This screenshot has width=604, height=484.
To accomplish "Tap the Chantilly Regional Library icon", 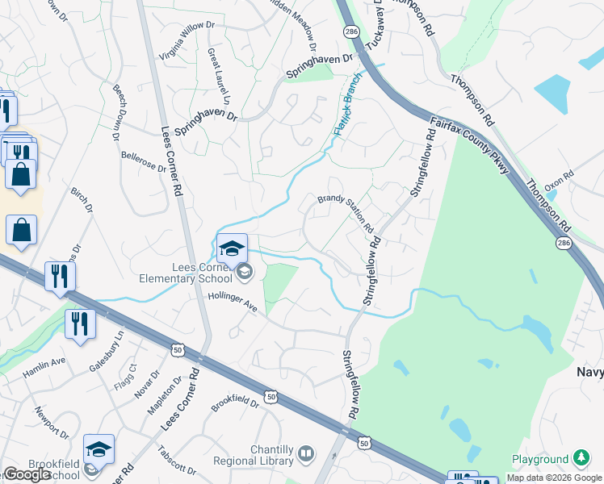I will pos(305,454).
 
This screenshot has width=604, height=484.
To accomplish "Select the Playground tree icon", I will pos(581,459).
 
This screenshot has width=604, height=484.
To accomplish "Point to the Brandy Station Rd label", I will pos(345,209).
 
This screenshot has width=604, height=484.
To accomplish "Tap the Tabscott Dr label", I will pos(177,461).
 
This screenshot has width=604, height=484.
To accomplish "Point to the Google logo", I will pos(27,475).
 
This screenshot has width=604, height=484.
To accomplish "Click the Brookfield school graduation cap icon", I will pos(99,449).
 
